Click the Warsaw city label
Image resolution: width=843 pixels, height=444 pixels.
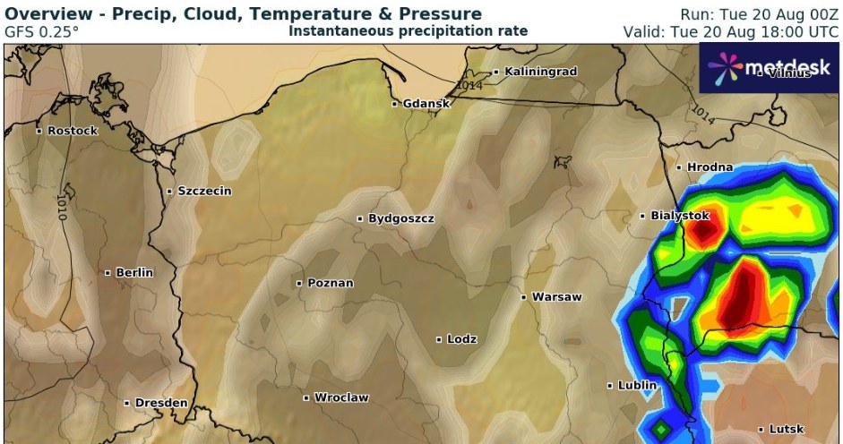[556, 296]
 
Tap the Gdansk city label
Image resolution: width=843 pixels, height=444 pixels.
[426, 104]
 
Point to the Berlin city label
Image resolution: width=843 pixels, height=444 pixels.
[134, 272]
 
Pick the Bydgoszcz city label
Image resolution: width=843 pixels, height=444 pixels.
[400, 218]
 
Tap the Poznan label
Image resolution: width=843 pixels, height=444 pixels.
[330, 283]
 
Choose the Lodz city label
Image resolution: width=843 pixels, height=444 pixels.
[461, 339]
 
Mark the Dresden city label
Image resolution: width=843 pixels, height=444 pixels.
[161, 403]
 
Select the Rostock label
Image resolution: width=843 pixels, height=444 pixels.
[72, 131]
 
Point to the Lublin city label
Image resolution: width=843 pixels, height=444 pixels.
[637, 386]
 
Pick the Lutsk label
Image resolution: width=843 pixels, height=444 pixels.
[786, 430]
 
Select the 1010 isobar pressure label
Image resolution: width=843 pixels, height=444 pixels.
[62, 207]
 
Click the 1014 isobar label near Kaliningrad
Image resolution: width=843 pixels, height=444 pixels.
[469, 85]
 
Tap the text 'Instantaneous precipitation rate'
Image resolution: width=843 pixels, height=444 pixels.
[408, 31]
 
